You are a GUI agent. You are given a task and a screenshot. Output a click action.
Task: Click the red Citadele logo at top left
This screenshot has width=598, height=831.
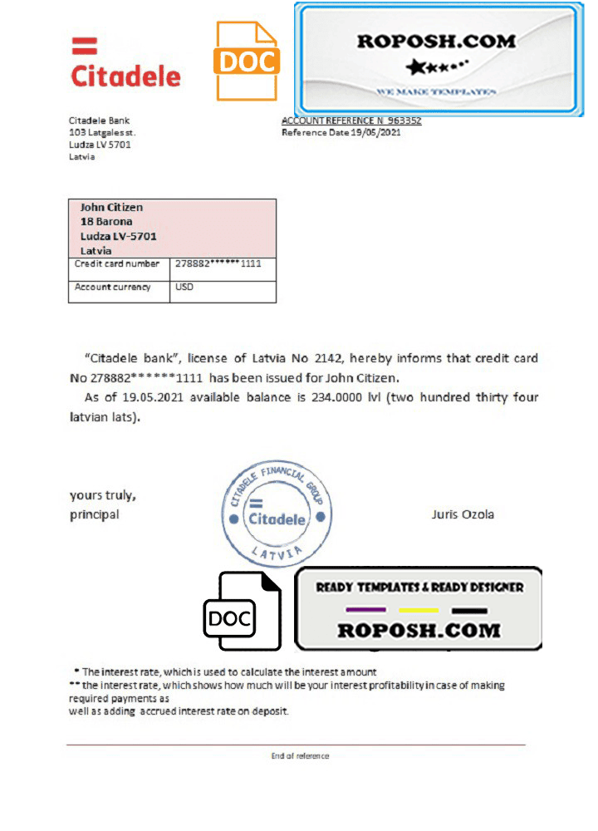[125, 65]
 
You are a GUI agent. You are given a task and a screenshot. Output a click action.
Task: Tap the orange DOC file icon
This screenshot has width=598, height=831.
[246, 61]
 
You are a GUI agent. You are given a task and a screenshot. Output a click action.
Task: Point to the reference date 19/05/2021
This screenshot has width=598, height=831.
[376, 132]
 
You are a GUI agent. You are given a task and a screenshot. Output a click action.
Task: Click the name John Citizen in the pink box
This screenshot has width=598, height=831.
[111, 207]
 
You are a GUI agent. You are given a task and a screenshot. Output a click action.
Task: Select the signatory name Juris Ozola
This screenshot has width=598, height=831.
[463, 514]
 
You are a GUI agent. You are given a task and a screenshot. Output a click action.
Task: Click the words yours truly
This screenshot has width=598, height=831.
[103, 495]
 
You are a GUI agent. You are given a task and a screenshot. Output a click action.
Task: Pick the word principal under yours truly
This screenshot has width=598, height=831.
[95, 514]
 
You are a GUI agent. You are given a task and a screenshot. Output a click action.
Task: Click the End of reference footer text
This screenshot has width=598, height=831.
[300, 756]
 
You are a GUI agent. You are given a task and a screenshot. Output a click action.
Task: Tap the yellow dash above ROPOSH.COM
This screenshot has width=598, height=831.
[418, 610]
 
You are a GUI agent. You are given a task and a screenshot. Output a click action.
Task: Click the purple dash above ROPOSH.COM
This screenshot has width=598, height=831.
[365, 610]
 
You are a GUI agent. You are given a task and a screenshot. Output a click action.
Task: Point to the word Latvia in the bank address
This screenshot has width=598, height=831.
[81, 156]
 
